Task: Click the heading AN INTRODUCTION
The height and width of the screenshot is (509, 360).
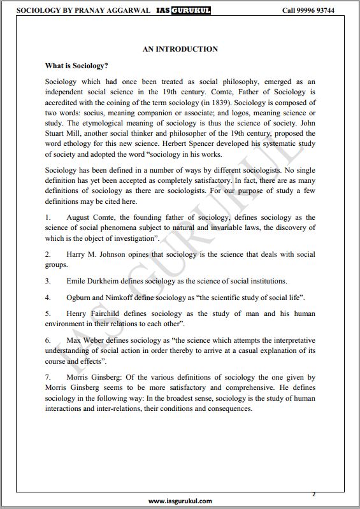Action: pos(180,49)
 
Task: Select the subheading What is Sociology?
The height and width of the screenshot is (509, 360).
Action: pos(76,66)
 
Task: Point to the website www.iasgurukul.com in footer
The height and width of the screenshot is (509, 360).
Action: pos(180,501)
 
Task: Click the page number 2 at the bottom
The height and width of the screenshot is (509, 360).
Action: pos(313,494)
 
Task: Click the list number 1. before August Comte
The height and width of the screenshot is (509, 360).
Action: pos(48,218)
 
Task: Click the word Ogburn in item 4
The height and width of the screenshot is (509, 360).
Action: pos(80,298)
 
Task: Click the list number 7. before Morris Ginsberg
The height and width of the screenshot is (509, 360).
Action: pos(48,378)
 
